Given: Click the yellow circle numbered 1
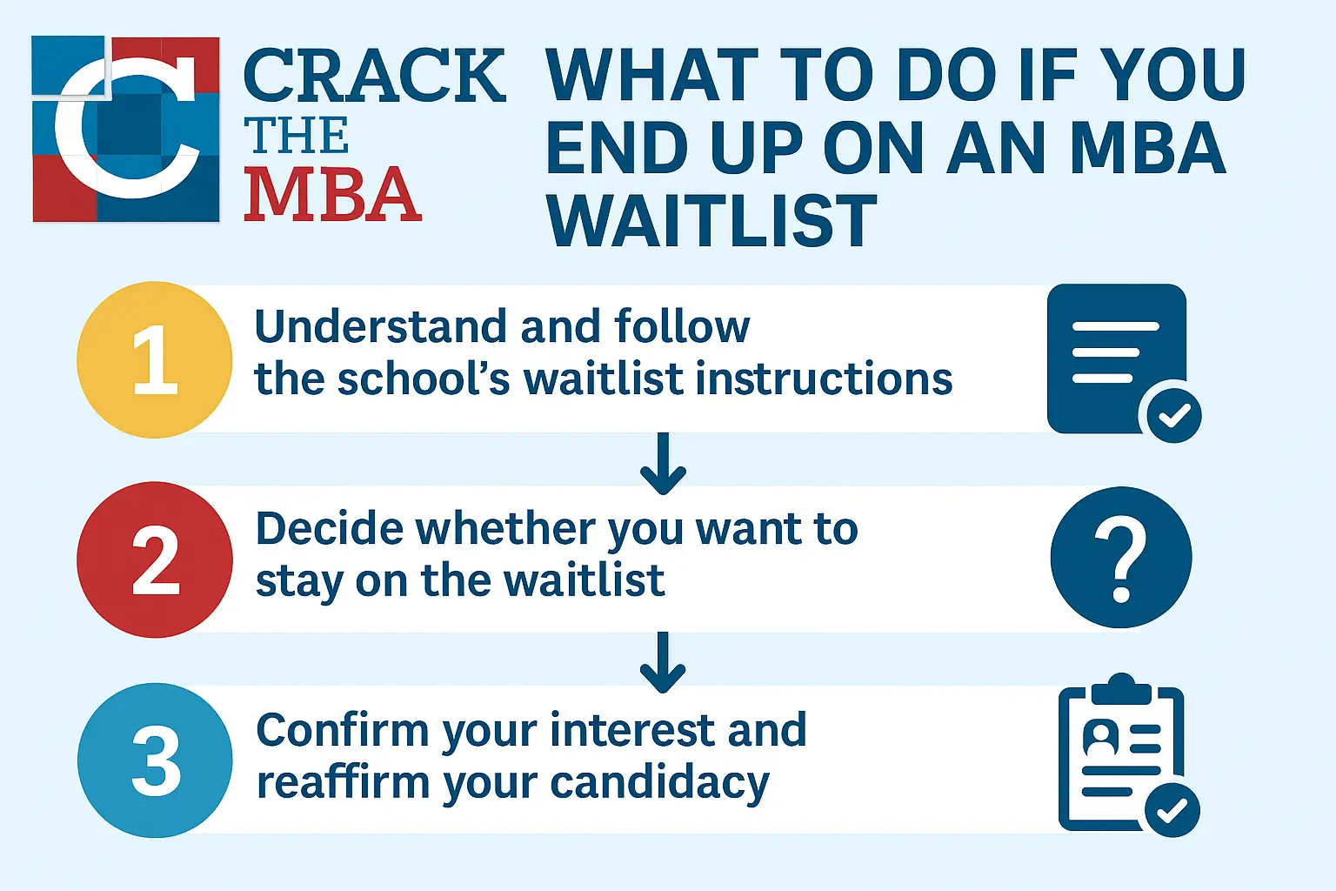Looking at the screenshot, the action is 155,360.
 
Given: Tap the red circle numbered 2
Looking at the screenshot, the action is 155,559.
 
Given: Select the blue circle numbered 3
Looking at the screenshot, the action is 155,760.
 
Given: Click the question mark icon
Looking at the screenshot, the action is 1121,558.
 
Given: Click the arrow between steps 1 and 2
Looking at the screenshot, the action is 663,464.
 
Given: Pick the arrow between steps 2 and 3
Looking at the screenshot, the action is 663,662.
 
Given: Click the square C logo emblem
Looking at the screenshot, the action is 126,129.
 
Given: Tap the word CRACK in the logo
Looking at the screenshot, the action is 375,76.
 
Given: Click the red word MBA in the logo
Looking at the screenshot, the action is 333,194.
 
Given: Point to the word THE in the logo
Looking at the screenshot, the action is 296,136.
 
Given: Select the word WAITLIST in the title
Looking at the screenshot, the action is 711,220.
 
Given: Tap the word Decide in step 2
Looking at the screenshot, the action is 330,528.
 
